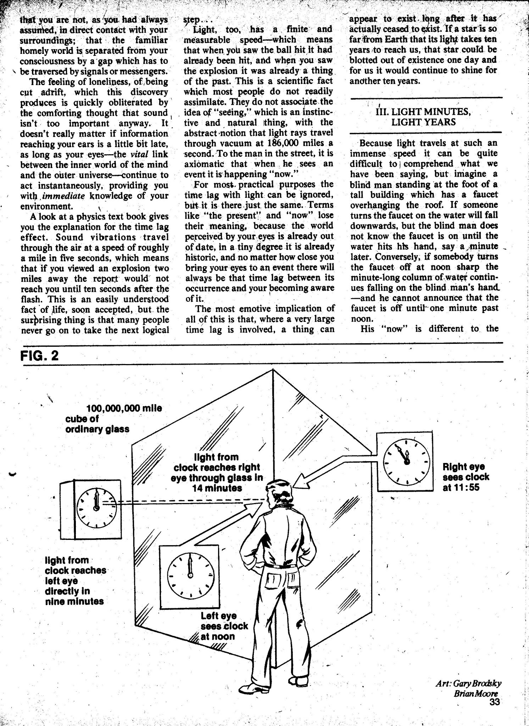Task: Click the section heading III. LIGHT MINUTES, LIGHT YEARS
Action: (425, 117)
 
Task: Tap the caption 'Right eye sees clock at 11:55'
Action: (466, 477)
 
